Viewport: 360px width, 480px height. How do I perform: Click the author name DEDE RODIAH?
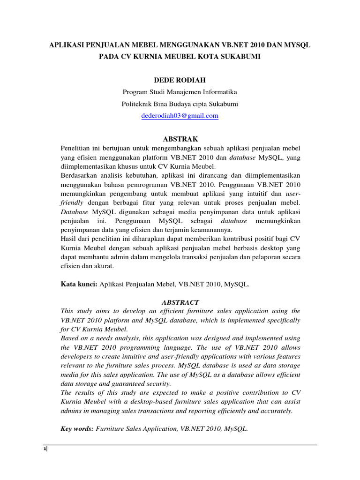(x=180, y=80)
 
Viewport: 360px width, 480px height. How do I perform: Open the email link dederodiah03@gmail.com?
(x=180, y=116)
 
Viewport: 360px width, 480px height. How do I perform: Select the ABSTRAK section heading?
(x=180, y=139)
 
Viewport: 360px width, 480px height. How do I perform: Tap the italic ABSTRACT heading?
(x=180, y=302)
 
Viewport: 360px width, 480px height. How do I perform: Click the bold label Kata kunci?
(x=78, y=284)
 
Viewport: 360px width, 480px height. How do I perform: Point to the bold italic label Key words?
(x=77, y=428)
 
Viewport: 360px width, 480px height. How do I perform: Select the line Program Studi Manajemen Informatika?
(x=180, y=92)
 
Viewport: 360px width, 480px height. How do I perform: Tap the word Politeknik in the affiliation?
(x=137, y=104)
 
